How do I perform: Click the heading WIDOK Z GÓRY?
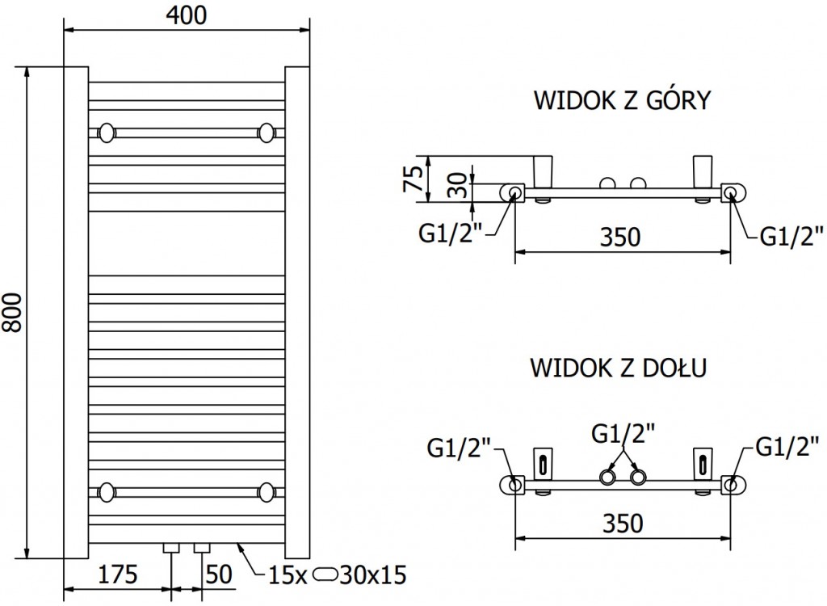click(622, 100)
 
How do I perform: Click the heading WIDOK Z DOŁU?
click(619, 368)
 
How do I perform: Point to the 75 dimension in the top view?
click(413, 176)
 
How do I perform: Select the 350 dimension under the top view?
click(622, 237)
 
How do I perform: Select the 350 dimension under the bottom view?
click(622, 523)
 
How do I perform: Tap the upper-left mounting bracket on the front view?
click(106, 132)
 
